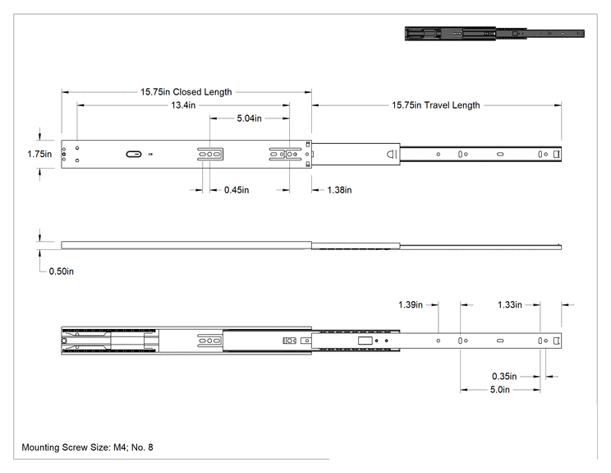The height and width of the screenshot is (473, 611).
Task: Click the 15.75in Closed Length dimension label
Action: pyautogui.click(x=186, y=92)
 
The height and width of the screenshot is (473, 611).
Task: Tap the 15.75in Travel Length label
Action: pyautogui.click(x=435, y=105)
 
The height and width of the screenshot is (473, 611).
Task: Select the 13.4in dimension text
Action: pyautogui.click(x=183, y=105)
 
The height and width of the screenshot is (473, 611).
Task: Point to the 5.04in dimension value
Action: pyautogui.click(x=250, y=118)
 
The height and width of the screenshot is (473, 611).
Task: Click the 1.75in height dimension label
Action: pyautogui.click(x=39, y=154)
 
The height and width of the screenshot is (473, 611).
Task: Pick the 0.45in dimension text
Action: pyautogui.click(x=237, y=190)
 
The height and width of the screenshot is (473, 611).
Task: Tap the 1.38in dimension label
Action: pyautogui.click(x=339, y=190)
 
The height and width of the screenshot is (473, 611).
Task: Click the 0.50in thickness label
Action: pyautogui.click(x=61, y=271)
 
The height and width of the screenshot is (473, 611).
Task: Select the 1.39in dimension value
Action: pyautogui.click(x=411, y=305)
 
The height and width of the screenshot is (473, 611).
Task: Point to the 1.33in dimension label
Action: pyautogui.click(x=510, y=305)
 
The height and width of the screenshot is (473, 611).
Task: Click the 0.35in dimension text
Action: pyautogui.click(x=504, y=377)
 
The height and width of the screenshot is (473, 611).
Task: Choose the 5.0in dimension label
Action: pyautogui.click(x=500, y=390)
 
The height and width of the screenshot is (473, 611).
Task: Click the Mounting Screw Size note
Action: pyautogui.click(x=87, y=447)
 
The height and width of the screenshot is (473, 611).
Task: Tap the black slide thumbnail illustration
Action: pyautogui.click(x=494, y=34)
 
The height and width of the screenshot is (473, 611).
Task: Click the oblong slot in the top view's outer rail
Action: pyautogui.click(x=134, y=154)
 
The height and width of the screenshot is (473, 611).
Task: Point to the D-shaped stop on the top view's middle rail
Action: pyautogui.click(x=391, y=154)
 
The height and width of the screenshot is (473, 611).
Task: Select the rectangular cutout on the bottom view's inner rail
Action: pyautogui.click(x=365, y=341)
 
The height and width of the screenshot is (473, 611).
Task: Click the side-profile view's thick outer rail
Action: pyautogui.click(x=186, y=245)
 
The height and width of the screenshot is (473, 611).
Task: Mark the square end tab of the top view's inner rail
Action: pyautogui.click(x=557, y=154)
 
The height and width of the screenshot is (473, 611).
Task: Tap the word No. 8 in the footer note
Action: pyautogui.click(x=142, y=447)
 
